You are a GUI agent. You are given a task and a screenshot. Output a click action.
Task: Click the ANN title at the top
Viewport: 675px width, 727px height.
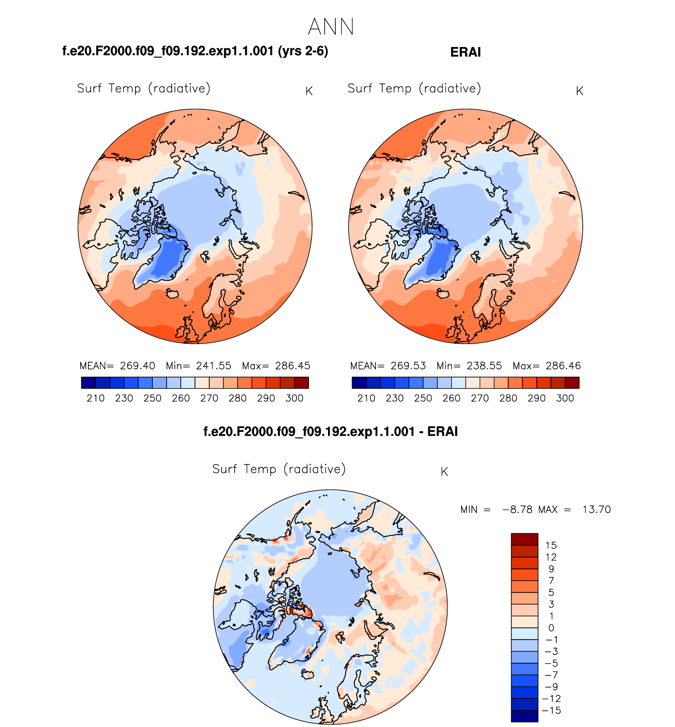tap(331, 27)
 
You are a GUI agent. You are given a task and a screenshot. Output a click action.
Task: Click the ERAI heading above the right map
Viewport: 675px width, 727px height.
tap(465, 53)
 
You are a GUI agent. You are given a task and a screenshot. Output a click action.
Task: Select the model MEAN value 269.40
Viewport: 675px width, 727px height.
tap(137, 366)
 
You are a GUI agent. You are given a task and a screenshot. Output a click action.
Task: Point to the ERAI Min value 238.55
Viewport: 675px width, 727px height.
tap(484, 366)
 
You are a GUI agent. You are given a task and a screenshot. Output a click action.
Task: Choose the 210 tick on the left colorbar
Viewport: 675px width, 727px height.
tap(96, 398)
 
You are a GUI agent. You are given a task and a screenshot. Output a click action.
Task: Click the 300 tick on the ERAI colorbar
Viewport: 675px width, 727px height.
tap(565, 398)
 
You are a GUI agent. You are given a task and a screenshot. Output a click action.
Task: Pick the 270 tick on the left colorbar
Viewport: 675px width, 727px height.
tap(209, 398)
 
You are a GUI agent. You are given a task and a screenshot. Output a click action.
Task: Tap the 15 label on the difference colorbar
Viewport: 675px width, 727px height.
tap(551, 546)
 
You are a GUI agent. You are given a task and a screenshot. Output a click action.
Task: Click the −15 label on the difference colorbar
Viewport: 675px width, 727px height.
tap(551, 710)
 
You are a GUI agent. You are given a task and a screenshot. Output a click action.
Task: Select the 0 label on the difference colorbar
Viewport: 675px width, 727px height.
tap(551, 628)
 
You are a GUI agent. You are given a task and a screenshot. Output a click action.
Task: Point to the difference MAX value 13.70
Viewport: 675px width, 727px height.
tap(596, 510)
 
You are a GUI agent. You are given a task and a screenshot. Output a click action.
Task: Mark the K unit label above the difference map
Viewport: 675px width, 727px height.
tap(444, 472)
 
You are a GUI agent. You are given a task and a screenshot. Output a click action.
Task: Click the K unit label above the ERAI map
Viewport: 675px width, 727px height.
tap(579, 91)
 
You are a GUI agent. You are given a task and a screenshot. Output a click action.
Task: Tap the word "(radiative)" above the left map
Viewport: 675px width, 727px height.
tap(180, 88)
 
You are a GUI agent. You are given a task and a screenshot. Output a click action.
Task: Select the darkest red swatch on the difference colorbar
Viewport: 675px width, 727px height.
tap(524, 539)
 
